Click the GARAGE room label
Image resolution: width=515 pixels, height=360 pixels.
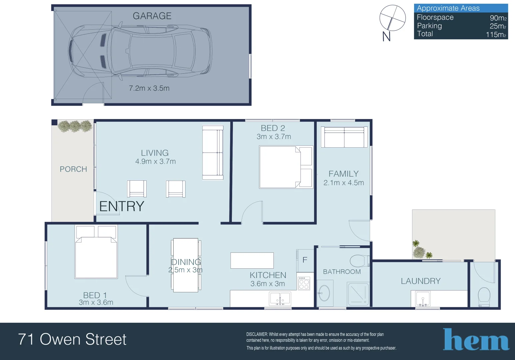coord(152,16)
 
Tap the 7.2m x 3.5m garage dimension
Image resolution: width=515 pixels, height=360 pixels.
coord(149,88)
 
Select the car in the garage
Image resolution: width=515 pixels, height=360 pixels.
coord(140,52)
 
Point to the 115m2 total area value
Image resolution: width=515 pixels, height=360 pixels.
coord(496,34)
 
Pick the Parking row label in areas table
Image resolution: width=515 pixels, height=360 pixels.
coord(429,26)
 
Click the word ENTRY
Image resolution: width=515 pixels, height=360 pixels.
coord(122,206)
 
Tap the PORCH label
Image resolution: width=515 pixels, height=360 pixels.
coord(73,169)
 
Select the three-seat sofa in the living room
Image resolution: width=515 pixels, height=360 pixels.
coord(213,153)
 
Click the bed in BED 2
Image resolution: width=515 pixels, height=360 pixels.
coord(286,167)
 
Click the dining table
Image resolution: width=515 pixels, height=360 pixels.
coord(186,265)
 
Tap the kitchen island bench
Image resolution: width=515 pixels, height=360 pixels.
coord(252,260)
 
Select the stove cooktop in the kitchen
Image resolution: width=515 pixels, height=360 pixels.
coord(304,283)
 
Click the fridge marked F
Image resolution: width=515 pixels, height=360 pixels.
coord(305,260)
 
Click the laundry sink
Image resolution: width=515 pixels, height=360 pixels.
coord(423,298)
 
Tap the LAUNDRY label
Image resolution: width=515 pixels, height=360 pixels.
coord(420,281)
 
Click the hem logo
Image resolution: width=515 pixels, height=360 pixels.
coord(476,340)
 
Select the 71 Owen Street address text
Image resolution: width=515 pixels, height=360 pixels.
coord(72,339)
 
